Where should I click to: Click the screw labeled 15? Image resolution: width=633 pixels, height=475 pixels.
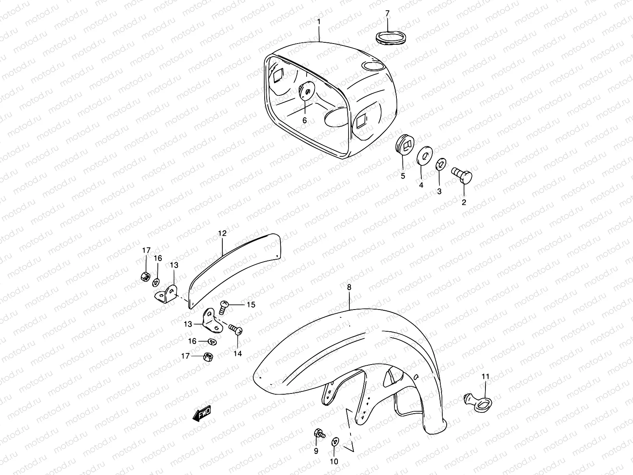pos(224,306)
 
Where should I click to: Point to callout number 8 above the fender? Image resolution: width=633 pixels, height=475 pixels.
pos(349,288)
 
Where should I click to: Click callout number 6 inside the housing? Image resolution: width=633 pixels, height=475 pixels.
pos(305,120)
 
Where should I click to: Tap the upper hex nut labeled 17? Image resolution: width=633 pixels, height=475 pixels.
pos(145,276)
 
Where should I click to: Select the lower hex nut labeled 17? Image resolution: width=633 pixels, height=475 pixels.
pos(206,356)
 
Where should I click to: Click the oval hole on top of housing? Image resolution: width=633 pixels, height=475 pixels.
pos(373,66)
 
